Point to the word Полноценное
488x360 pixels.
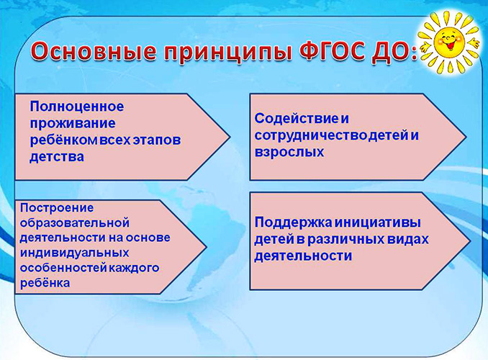coord(76,107)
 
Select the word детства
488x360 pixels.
coord(57,155)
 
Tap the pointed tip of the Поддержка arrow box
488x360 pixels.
coord(469,240)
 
